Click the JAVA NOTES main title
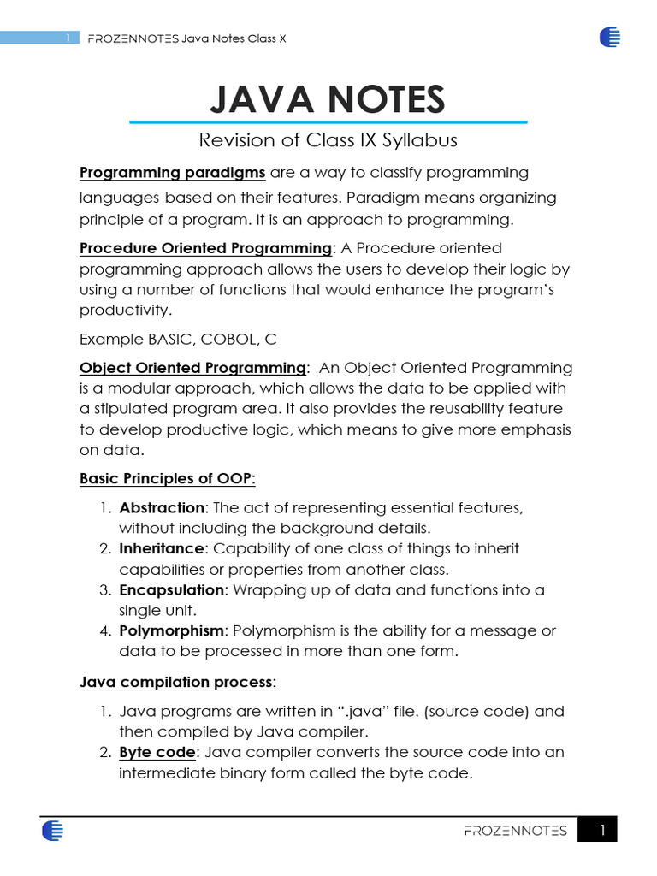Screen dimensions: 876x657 click(328, 99)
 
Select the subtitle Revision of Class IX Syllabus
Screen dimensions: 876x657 click(328, 139)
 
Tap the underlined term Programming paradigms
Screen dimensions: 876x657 click(172, 173)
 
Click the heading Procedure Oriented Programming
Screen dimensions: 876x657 click(205, 248)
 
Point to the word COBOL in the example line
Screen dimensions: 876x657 click(228, 339)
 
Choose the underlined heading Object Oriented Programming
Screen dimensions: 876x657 click(192, 368)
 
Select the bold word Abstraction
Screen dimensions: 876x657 click(162, 507)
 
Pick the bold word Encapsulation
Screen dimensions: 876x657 click(171, 589)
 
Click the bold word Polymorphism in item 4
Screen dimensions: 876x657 click(171, 630)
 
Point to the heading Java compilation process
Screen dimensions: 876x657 click(177, 682)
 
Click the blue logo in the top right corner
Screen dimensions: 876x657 click(610, 37)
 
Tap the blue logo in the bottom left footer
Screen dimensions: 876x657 click(51, 830)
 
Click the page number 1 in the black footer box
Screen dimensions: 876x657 click(602, 830)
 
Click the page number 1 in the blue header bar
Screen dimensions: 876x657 click(67, 38)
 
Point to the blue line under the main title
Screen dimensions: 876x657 click(328, 122)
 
